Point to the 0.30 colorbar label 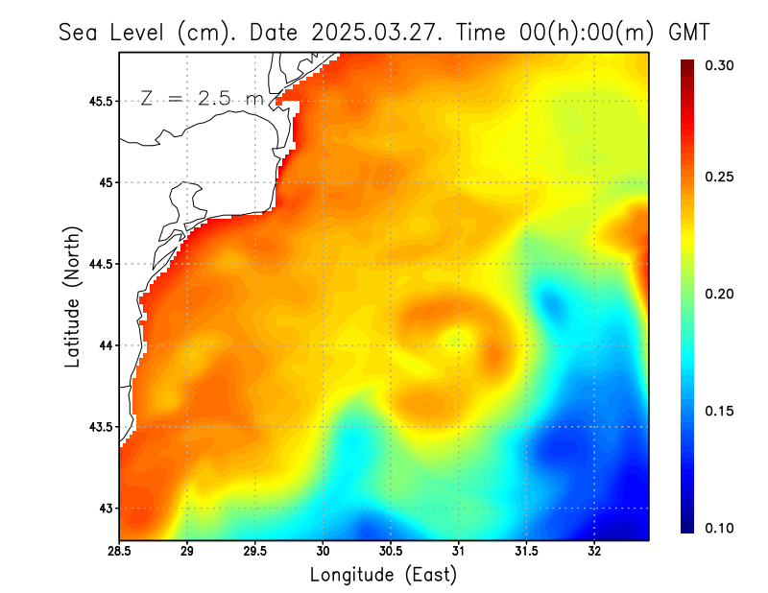(720, 65)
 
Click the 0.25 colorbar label (720, 177)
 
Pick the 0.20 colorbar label (720, 294)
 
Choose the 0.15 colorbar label (720, 411)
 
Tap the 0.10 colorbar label (720, 528)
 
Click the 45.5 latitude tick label (100, 101)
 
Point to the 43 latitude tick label (106, 509)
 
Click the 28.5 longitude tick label (119, 552)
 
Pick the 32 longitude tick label (594, 552)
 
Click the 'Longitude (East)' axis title (383, 575)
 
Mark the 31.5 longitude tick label (526, 552)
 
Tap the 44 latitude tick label (106, 345)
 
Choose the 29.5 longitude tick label (255, 552)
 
